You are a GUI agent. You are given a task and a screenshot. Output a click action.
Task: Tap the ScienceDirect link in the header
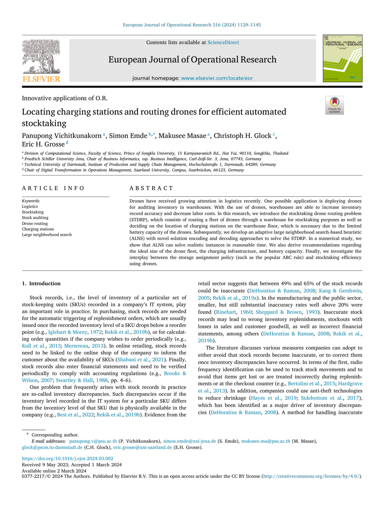223,42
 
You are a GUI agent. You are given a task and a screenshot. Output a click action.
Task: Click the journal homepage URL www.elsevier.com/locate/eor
217,78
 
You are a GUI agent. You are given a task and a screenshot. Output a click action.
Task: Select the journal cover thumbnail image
342,58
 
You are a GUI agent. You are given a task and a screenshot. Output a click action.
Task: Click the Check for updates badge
334,105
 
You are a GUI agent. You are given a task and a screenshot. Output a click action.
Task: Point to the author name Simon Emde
128,136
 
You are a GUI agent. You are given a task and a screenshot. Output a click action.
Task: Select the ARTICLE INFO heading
53,188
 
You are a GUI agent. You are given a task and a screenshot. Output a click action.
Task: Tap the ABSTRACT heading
151,188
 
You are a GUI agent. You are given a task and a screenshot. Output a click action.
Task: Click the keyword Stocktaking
33,212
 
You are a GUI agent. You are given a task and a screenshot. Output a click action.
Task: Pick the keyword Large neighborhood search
47,235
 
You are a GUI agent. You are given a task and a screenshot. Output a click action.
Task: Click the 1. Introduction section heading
41,283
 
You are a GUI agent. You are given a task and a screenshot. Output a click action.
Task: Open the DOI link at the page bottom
68,459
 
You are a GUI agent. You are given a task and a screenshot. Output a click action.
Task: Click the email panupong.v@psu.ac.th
93,441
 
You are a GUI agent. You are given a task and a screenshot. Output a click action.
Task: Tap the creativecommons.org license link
311,476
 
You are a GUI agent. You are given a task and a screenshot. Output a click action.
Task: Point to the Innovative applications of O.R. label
65,98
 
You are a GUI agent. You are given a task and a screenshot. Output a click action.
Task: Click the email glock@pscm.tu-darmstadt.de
52,447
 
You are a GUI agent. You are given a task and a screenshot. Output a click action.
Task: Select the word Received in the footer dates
31,465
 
